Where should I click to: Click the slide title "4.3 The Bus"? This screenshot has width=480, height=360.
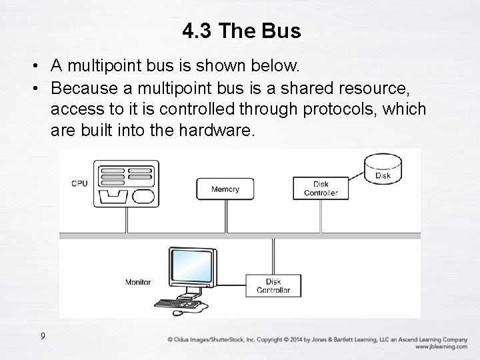[x=241, y=31]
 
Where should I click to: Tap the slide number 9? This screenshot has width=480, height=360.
[x=43, y=336]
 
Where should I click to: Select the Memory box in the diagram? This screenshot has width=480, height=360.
[x=225, y=189]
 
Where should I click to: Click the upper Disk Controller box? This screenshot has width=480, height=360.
[x=321, y=189]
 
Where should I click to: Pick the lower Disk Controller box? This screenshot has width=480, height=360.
[x=273, y=286]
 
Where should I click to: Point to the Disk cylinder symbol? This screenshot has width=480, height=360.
[x=383, y=169]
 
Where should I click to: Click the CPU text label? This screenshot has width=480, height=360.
[x=79, y=183]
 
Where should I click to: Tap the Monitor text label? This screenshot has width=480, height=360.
[x=138, y=282]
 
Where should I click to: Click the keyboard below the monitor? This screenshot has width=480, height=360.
[x=178, y=303]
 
